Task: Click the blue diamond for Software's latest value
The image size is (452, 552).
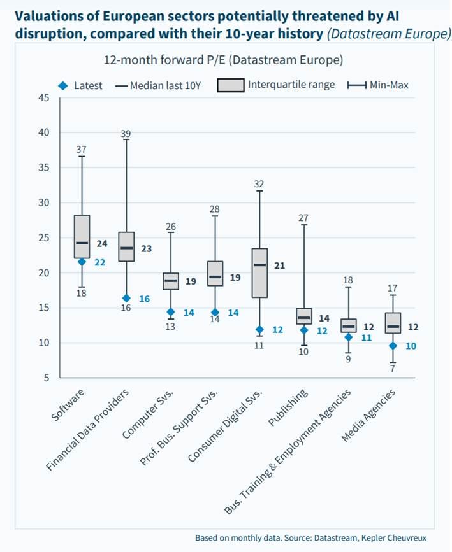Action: pyautogui.click(x=82, y=262)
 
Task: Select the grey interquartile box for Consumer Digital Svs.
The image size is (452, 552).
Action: pyautogui.click(x=259, y=272)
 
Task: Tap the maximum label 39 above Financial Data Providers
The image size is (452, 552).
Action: pyautogui.click(x=126, y=134)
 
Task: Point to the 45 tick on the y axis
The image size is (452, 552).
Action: pyautogui.click(x=43, y=98)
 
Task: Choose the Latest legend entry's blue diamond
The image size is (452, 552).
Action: pyautogui.click(x=62, y=86)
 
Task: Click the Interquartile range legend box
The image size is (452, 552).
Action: pyautogui.click(x=230, y=85)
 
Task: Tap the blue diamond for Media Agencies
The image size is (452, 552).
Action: pyautogui.click(x=393, y=346)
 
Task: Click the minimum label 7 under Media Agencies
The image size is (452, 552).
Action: pyautogui.click(x=393, y=368)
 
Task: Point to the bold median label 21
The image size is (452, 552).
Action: pyautogui.click(x=279, y=265)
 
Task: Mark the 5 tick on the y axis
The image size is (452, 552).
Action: pyautogui.click(x=47, y=378)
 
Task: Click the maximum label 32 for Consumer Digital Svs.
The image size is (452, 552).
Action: pyautogui.click(x=259, y=185)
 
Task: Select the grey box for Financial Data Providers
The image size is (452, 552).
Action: pyautogui.click(x=126, y=247)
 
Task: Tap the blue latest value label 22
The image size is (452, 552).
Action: pyautogui.click(x=99, y=262)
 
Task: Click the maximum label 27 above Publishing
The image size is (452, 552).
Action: pyautogui.click(x=304, y=218)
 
